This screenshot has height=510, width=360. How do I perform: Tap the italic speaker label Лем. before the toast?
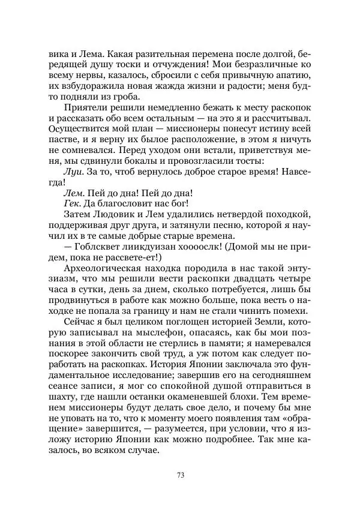pos(73,193)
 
